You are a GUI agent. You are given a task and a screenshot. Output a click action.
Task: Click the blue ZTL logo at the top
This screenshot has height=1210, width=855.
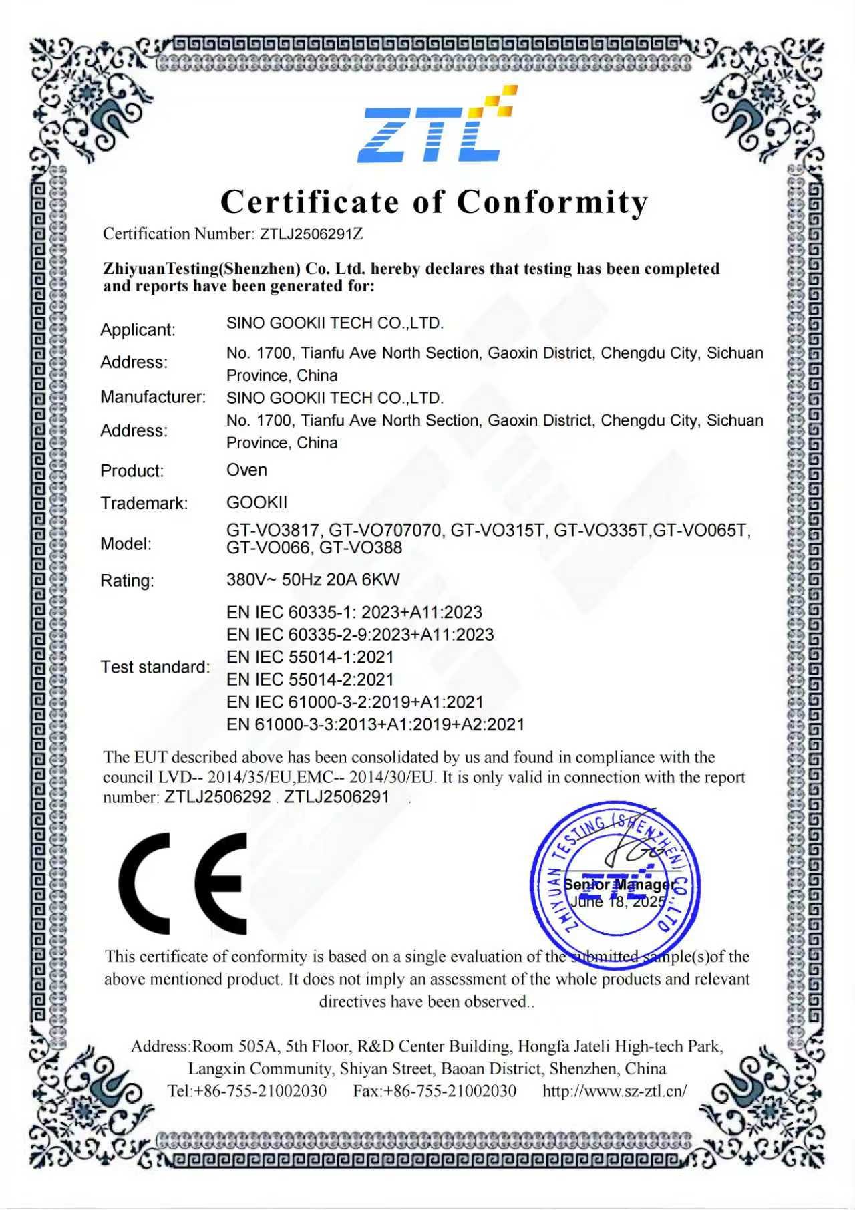click(438, 126)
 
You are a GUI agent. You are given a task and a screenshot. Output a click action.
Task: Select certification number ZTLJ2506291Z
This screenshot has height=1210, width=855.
click(311, 234)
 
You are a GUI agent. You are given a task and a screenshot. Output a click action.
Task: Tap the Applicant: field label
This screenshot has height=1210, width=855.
click(138, 330)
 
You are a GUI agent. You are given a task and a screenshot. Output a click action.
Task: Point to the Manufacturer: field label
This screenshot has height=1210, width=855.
click(153, 397)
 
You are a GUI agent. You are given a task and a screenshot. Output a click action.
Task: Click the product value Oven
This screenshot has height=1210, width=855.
click(246, 470)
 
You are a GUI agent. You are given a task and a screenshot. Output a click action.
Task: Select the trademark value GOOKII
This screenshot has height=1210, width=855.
click(256, 502)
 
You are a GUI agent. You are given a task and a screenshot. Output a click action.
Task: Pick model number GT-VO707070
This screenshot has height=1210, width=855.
click(385, 531)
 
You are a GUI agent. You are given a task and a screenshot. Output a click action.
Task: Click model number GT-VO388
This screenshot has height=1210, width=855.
click(361, 548)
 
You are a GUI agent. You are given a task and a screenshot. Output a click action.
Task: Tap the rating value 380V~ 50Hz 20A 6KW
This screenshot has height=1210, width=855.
click(313, 579)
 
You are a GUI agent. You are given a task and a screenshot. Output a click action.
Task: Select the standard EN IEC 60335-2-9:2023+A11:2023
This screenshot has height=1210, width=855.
click(360, 635)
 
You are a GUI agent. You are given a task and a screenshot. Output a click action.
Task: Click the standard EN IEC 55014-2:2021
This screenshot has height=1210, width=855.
click(310, 679)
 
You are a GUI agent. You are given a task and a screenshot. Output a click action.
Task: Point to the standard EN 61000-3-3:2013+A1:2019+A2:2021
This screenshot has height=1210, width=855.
click(375, 724)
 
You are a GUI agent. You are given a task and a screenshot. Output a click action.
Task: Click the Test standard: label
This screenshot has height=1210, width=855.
click(155, 667)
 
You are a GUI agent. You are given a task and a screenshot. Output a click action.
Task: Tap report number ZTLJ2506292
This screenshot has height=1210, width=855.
click(218, 797)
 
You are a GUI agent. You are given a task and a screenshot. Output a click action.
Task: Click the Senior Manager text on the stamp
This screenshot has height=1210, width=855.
click(619, 885)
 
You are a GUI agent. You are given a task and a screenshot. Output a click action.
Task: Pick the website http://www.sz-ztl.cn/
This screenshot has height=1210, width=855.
click(615, 1091)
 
